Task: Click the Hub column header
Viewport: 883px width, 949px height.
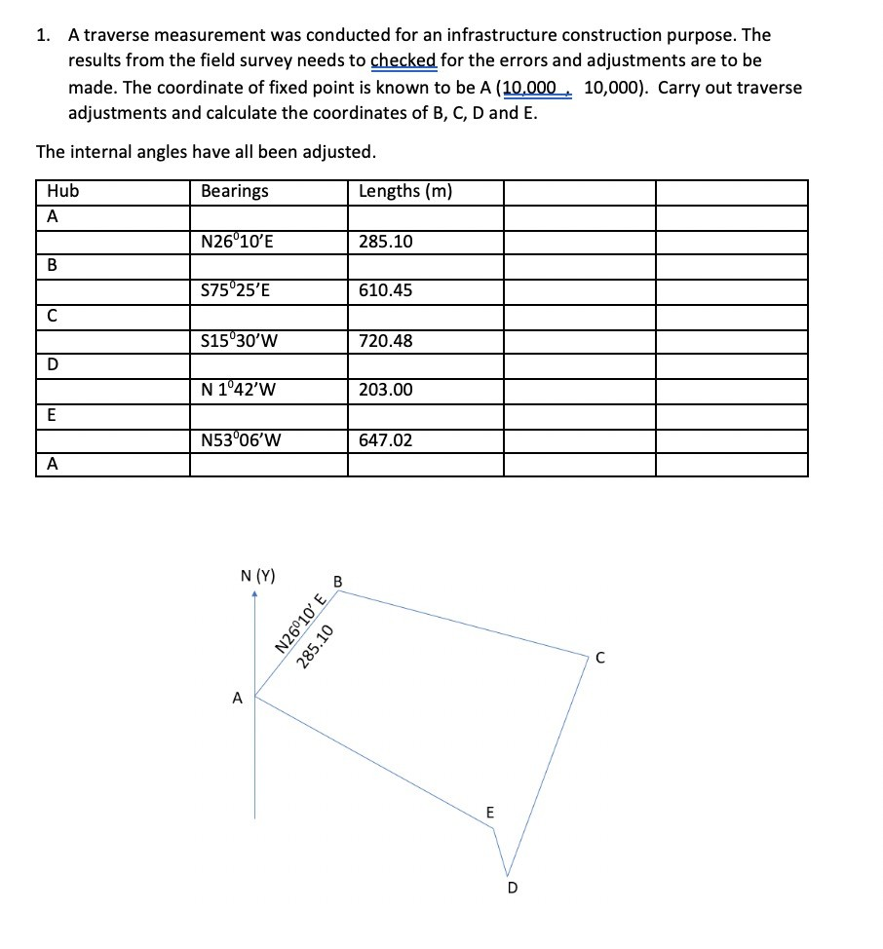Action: click(x=63, y=191)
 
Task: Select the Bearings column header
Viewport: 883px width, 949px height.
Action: click(x=234, y=191)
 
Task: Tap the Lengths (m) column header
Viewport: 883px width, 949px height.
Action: click(x=404, y=191)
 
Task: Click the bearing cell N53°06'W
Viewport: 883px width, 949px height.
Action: click(x=241, y=440)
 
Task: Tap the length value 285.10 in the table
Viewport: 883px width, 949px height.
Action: click(x=385, y=242)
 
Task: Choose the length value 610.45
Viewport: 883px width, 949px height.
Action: click(x=385, y=290)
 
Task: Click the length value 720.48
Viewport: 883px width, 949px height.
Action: click(x=385, y=341)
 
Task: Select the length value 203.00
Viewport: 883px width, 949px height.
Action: click(x=385, y=390)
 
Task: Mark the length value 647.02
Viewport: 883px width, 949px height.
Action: click(x=385, y=440)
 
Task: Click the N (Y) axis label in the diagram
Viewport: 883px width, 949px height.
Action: click(x=257, y=576)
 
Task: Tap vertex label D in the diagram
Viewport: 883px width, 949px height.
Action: click(x=513, y=888)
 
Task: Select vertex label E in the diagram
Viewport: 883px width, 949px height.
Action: click(x=489, y=812)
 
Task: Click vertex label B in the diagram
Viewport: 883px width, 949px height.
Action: click(x=337, y=583)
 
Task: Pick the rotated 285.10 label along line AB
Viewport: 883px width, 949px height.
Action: click(x=318, y=645)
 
